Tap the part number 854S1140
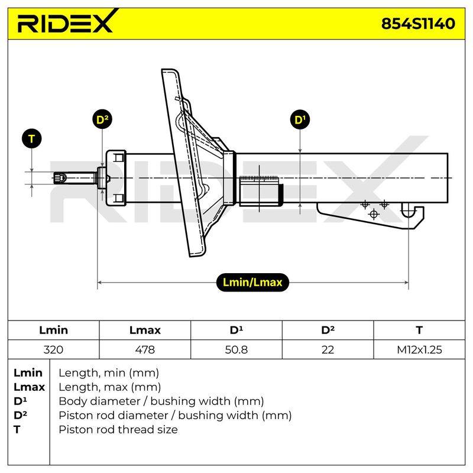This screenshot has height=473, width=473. pos(418,24)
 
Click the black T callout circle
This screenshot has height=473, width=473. pos(32,139)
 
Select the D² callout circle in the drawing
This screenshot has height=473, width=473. pos(102,119)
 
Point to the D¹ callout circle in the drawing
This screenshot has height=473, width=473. pos(300,120)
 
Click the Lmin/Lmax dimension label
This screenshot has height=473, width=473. pos(252,283)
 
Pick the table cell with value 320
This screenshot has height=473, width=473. pos(53,349)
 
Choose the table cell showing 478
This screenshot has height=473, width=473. pos(145,349)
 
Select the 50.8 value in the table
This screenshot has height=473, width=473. pos(236,349)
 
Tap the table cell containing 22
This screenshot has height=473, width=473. pos(328,349)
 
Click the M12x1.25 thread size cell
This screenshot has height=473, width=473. pos(419,349)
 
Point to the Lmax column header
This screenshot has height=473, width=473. pos(145,330)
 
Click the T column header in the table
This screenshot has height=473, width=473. pos(419,330)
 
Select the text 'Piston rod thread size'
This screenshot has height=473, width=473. pos(118,429)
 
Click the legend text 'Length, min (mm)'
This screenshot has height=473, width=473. pos(109,373)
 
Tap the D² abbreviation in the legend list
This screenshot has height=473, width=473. pos(20,415)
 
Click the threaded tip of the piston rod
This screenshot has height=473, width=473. pos(60,178)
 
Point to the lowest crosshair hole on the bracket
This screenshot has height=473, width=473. pos(374,215)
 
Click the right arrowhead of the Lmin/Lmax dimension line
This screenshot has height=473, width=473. pos(407,283)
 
